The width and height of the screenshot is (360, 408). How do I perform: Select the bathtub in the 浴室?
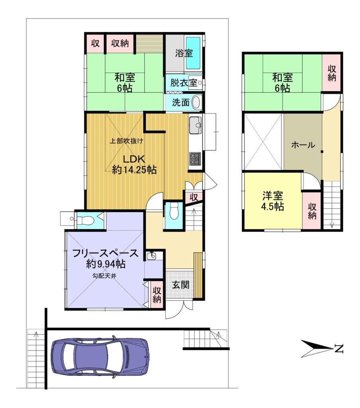coord(193,53)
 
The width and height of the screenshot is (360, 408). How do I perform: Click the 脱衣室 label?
coord(184,83)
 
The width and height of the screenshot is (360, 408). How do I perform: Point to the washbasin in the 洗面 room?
coord(197,102)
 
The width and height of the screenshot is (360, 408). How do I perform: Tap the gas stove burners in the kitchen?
coord(195,159)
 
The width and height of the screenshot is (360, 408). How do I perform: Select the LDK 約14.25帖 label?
coord(134,164)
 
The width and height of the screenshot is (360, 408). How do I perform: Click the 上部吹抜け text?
coord(126,141)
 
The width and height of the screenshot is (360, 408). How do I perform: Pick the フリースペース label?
coord(105,253)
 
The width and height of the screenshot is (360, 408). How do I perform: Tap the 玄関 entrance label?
coord(180,284)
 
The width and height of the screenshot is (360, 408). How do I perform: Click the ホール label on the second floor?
coord(303,145)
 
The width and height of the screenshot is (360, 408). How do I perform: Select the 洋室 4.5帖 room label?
coord(273,201)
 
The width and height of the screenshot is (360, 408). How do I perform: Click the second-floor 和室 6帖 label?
coord(282,83)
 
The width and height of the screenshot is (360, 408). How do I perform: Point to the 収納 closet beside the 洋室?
coord(312,211)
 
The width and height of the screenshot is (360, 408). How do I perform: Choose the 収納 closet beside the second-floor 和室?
coord(332,73)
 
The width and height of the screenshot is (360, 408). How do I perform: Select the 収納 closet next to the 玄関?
coord(156,294)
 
